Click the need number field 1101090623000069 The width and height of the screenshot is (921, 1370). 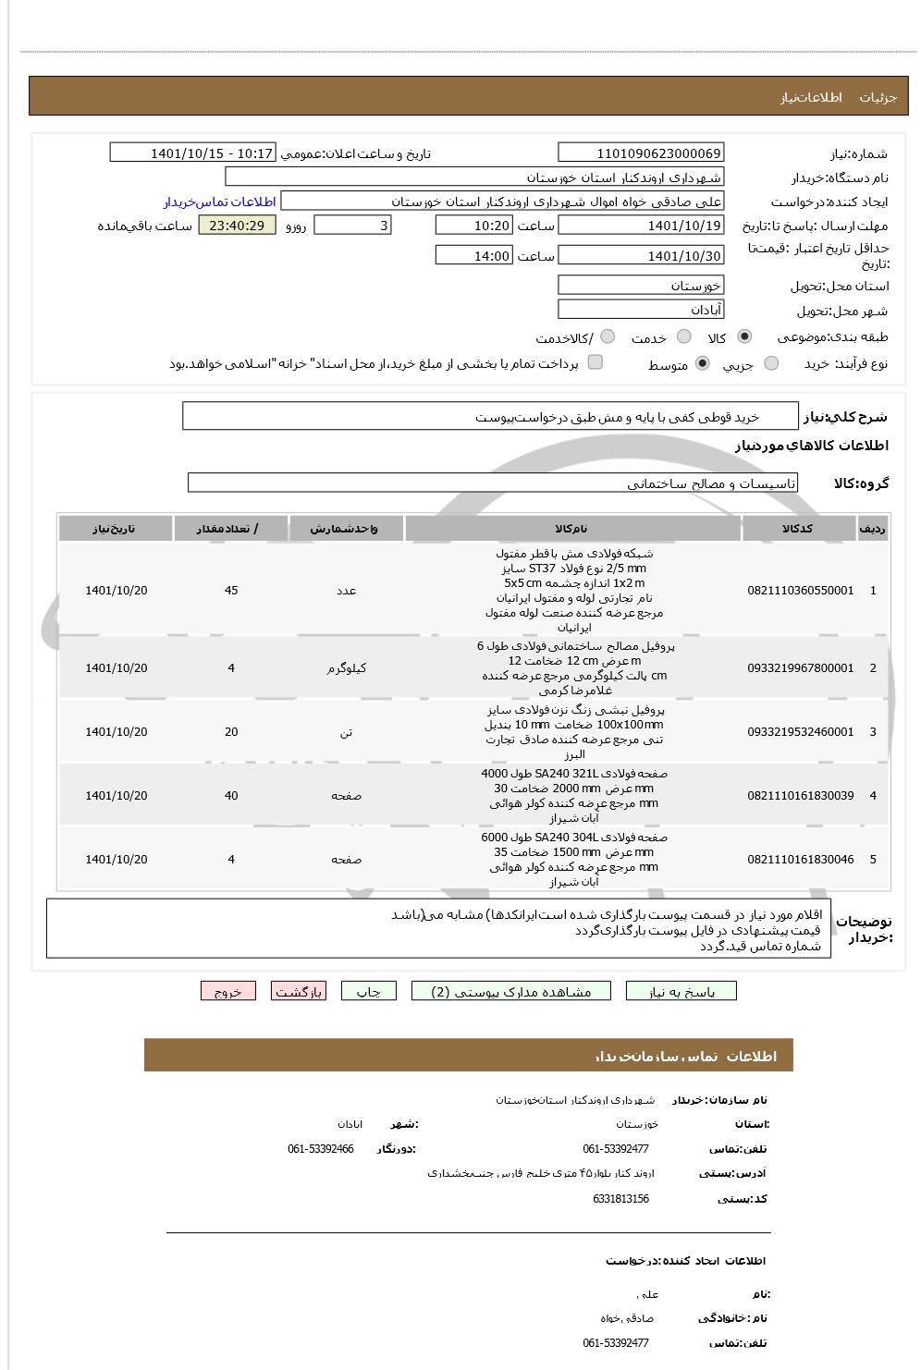pos(641,153)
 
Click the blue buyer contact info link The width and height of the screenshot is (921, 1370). pos(220,202)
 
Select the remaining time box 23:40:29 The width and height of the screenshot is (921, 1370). pos(237,226)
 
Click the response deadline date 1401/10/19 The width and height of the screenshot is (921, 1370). pos(641,226)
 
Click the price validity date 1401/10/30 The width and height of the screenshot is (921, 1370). pos(641,256)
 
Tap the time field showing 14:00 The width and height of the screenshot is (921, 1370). pos(473,256)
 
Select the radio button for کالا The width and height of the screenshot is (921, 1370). pos(745,337)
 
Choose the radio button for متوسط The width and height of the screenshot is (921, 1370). pos(703,364)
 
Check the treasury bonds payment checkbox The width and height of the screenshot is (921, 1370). pos(596,362)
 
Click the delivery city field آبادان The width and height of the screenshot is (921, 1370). pos(641,311)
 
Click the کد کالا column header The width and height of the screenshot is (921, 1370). pos(798,529)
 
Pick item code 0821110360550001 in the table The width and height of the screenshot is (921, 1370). pos(800,591)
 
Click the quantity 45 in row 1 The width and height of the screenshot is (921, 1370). pos(231,591)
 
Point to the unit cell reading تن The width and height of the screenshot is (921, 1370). pos(346,732)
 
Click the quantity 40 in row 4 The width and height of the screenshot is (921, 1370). pos(231,796)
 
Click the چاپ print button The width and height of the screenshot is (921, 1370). pos(369,992)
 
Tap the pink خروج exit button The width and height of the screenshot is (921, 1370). pos(227,992)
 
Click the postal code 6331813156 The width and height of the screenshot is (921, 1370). pos(620,1199)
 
